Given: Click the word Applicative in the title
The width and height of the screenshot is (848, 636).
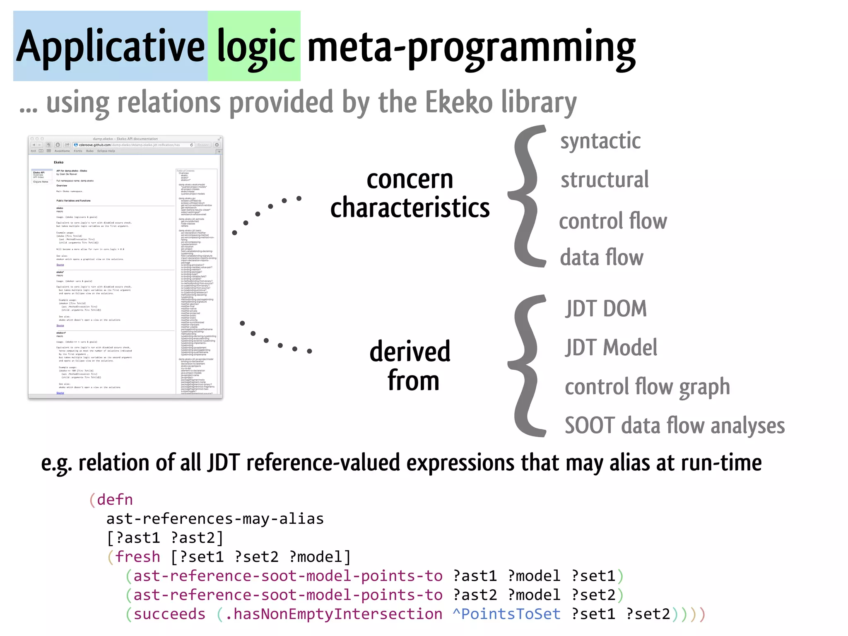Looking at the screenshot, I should pyautogui.click(x=110, y=46).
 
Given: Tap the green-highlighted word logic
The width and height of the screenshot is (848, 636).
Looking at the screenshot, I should pyautogui.click(x=255, y=46).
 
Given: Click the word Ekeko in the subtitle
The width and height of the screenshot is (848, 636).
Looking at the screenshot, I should pyautogui.click(x=459, y=102).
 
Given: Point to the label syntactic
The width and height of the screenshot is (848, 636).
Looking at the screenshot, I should pyautogui.click(x=600, y=141).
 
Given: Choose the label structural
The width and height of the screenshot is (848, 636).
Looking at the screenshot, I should pyautogui.click(x=605, y=180).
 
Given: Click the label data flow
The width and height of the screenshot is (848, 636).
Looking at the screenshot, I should pyautogui.click(x=601, y=257).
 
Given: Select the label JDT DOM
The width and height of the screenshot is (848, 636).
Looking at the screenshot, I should pyautogui.click(x=606, y=308).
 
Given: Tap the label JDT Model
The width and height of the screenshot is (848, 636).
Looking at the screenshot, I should pyautogui.click(x=611, y=347).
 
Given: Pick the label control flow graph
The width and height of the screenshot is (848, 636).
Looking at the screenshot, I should pyautogui.click(x=647, y=387).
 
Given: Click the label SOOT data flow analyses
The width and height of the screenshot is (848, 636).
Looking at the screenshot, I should pyautogui.click(x=675, y=426).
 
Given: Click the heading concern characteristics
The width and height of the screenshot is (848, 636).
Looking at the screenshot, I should pyautogui.click(x=410, y=193).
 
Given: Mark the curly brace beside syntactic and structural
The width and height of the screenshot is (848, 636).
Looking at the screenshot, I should pyautogui.click(x=527, y=196).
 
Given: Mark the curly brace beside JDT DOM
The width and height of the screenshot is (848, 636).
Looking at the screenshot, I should pyautogui.click(x=527, y=366).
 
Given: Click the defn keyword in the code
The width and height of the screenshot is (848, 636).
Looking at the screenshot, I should pyautogui.click(x=115, y=499).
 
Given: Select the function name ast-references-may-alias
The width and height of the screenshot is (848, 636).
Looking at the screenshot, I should pyautogui.click(x=215, y=518).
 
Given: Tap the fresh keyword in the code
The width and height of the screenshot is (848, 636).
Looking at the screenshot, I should pyautogui.click(x=137, y=556).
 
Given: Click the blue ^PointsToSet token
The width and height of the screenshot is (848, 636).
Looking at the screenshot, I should pyautogui.click(x=506, y=614).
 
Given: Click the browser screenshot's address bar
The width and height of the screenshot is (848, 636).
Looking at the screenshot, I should pyautogui.click(x=132, y=145).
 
